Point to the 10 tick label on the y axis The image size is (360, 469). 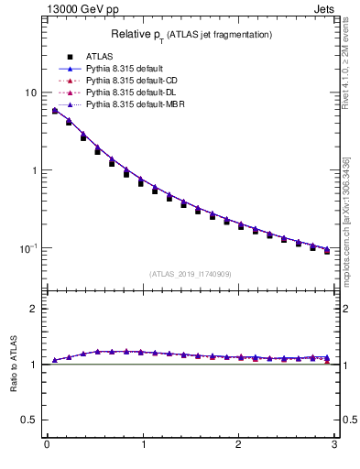[31, 93]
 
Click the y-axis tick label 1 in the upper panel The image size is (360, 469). [34, 170]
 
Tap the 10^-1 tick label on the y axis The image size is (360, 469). [29, 248]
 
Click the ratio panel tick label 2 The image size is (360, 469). [34, 309]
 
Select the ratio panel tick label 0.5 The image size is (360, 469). [30, 420]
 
